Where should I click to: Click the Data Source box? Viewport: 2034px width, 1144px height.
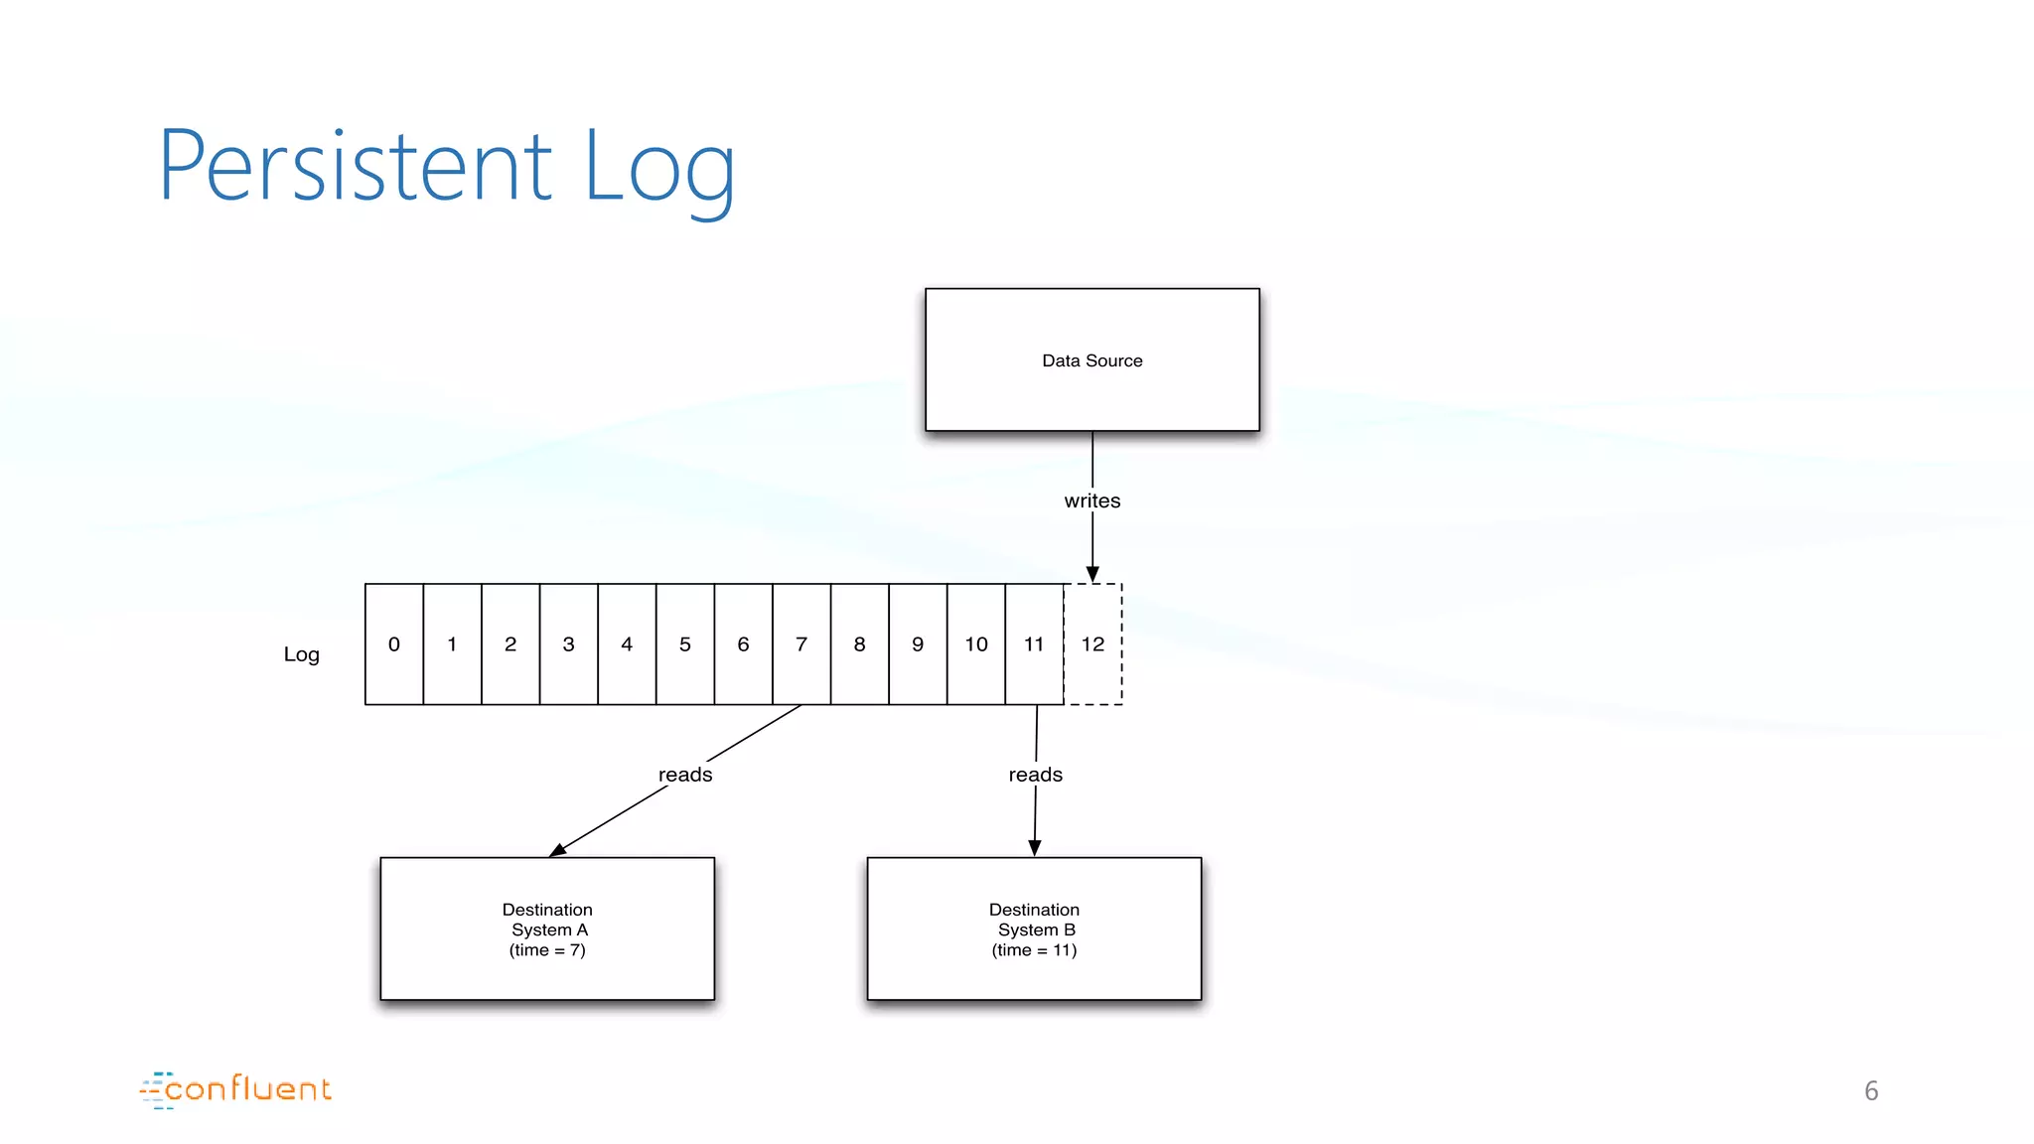1091,359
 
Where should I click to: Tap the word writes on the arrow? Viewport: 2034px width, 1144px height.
1091,500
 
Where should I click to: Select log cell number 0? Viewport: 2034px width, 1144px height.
394,644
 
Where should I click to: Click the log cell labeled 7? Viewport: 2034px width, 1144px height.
801,644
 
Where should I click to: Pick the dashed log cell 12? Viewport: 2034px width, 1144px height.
1092,644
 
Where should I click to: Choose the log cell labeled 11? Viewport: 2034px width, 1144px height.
1034,644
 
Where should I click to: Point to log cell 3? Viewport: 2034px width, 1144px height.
568,644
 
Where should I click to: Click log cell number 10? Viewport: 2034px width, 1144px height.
975,644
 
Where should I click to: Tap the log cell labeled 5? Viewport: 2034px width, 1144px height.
684,644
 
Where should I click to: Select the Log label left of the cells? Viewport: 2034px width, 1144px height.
301,654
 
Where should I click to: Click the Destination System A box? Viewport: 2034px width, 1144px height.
547,929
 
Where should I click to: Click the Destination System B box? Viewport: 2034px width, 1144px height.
1034,929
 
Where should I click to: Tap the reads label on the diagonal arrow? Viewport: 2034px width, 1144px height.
685,775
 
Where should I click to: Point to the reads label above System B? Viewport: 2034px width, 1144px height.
1035,775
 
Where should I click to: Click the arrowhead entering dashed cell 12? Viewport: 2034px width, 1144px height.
1092,574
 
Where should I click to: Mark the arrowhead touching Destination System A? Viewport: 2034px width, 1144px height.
558,849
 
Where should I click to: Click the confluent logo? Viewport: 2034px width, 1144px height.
235,1089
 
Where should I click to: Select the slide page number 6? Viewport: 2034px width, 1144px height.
1870,1091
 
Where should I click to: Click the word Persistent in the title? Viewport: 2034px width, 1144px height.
355,166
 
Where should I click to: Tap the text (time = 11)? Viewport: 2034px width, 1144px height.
1034,950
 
